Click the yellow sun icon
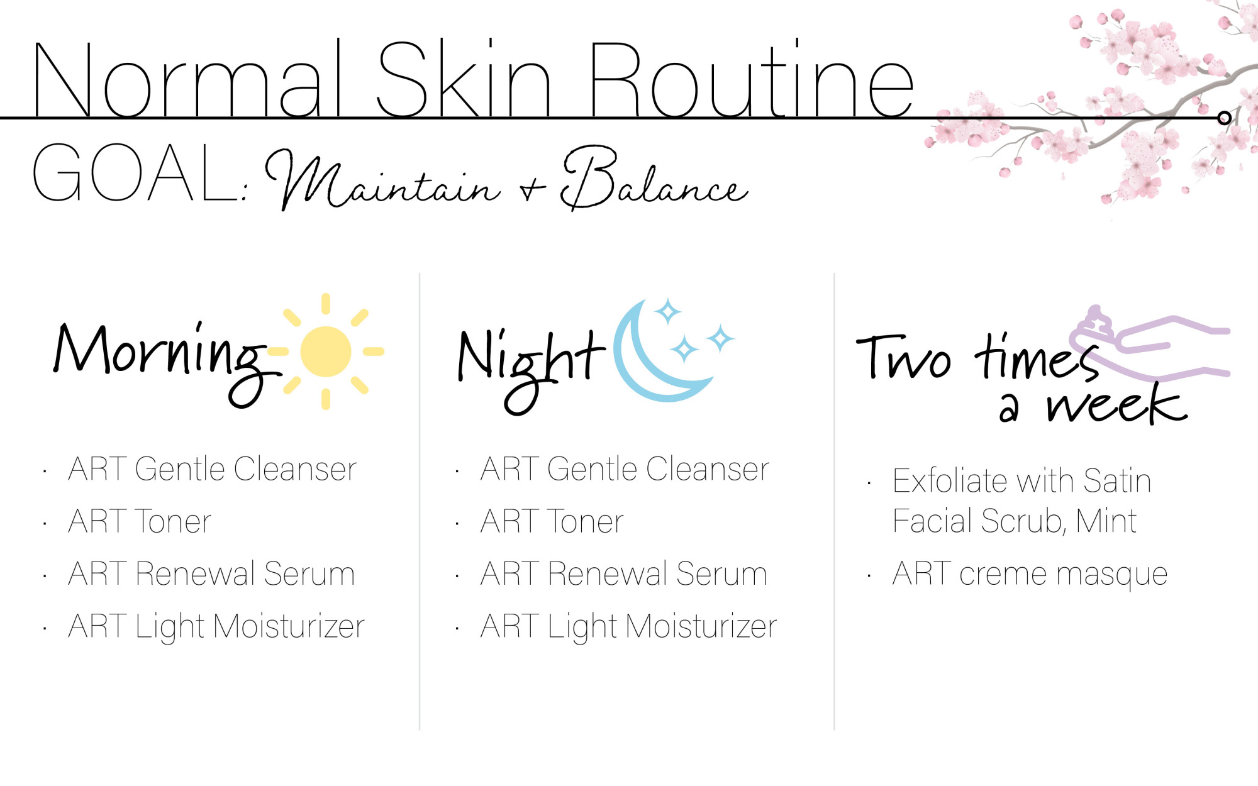pyautogui.click(x=326, y=351)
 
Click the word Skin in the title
pyautogui.click(x=464, y=79)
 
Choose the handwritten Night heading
pyautogui.click(x=532, y=368)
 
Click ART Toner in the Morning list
pyautogui.click(x=140, y=521)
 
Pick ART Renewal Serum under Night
pyautogui.click(x=624, y=573)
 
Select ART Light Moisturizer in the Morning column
pyautogui.click(x=216, y=626)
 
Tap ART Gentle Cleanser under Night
pyautogui.click(x=625, y=469)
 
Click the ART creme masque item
pyautogui.click(x=1030, y=573)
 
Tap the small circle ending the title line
pyautogui.click(x=1224, y=118)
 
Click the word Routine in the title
pyautogui.click(x=750, y=79)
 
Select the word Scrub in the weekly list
pyautogui.click(x=1023, y=521)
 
